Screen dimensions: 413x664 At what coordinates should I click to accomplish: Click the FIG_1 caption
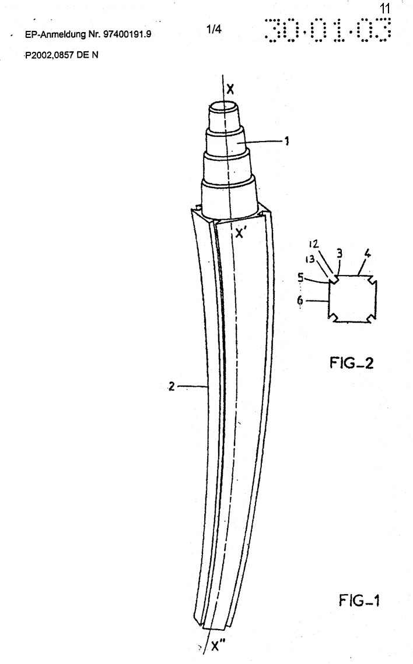(359, 600)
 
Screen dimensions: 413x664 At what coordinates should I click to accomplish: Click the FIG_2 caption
(352, 362)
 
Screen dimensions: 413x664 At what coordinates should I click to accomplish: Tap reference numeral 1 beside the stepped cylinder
(287, 141)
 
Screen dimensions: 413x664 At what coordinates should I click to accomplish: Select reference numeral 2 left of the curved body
(171, 386)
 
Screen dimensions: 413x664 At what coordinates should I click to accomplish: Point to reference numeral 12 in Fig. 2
(313, 245)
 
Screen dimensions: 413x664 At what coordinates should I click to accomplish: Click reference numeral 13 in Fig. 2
(310, 258)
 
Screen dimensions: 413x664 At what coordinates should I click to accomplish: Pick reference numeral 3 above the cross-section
(339, 254)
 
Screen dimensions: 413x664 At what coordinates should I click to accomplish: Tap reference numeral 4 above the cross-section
(367, 253)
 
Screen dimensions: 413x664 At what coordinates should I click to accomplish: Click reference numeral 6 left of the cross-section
(300, 300)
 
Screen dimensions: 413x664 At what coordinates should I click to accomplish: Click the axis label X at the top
(230, 89)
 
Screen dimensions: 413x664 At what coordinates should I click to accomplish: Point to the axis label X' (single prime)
(240, 232)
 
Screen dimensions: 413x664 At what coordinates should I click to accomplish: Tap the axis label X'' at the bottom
(219, 646)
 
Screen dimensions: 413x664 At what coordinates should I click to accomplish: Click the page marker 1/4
(214, 29)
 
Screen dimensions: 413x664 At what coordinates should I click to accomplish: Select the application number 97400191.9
(127, 34)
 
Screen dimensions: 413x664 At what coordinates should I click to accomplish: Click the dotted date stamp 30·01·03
(327, 30)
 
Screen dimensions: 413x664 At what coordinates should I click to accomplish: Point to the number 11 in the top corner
(385, 9)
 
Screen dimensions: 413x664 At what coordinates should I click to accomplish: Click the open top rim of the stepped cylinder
(225, 106)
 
